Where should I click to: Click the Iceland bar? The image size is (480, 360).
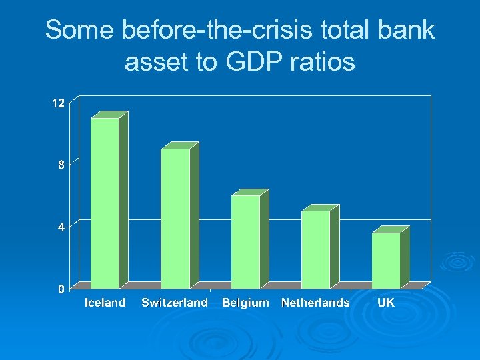point(105,203)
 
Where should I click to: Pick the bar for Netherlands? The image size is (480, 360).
point(315,249)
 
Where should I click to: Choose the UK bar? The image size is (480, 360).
point(386,260)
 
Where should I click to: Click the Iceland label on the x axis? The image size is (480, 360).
point(105,303)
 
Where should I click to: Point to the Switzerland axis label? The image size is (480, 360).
point(175,303)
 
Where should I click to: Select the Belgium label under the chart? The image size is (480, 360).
point(245,303)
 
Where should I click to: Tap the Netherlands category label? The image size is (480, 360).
point(315,303)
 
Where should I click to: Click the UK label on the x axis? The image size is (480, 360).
point(386,303)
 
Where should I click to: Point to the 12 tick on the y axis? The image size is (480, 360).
point(59,103)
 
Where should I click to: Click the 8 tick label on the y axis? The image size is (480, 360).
point(61,165)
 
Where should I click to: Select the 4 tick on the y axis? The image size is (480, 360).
point(61,227)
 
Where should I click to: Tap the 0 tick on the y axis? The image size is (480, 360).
point(61,289)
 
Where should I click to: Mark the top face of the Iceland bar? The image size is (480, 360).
point(110,115)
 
